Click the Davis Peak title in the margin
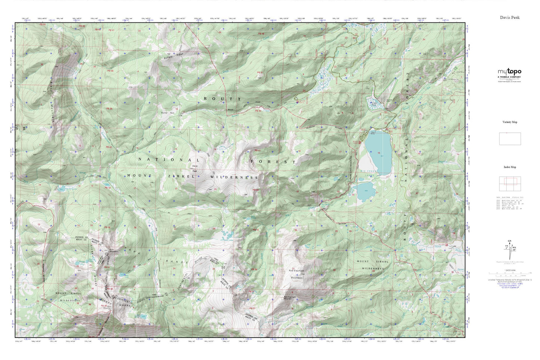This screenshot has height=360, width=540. (x=510, y=17)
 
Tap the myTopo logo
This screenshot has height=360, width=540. (x=509, y=72)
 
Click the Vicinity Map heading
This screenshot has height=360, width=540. (x=510, y=122)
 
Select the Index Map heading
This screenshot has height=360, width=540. (x=510, y=167)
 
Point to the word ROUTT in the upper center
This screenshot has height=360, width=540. (x=222, y=99)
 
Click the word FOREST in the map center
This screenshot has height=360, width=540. (x=273, y=161)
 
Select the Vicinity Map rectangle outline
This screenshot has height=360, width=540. (x=510, y=139)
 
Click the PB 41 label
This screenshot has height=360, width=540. (x=257, y=150)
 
